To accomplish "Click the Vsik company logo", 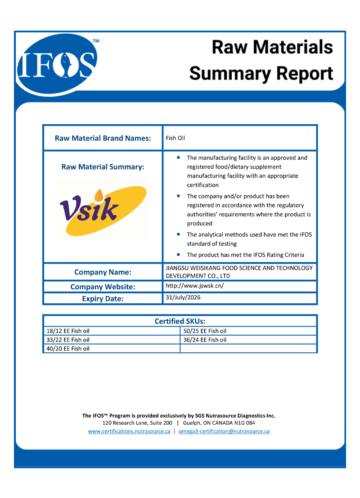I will (102, 208).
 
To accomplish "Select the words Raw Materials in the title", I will (272, 47).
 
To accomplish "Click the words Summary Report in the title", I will (261, 73).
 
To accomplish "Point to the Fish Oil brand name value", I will (175, 138).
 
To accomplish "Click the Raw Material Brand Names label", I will (103, 138).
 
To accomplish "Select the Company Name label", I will (103, 272).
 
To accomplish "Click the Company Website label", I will (103, 287).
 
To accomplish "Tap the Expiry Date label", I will (103, 298).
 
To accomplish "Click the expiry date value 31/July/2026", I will (183, 297).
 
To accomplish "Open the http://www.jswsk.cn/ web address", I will (195, 286).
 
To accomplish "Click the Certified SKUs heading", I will (180, 321).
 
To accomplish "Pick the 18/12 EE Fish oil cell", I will (68, 331).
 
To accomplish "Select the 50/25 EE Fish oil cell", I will (205, 331).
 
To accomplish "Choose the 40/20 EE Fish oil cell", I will (68, 349).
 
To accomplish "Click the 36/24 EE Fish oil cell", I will (205, 340).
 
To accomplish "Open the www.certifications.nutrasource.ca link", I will (129, 431).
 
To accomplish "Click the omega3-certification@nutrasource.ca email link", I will (224, 431).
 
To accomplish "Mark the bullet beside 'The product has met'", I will (179, 255).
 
